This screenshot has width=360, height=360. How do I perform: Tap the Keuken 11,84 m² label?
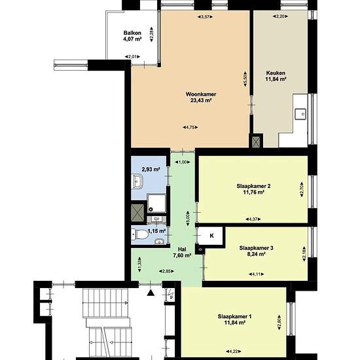(x=276, y=76)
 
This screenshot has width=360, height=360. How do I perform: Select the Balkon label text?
(x=132, y=33)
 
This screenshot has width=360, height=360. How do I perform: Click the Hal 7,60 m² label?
(x=182, y=252)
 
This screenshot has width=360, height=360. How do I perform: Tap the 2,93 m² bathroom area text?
(x=151, y=170)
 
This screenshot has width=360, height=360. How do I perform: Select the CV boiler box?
(x=156, y=219)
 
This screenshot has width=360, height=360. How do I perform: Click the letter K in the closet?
(x=211, y=236)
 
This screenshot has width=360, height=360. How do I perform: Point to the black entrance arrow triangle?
(x=151, y=293)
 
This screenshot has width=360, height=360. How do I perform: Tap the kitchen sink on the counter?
(x=301, y=114)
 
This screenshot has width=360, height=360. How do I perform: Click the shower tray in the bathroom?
(x=156, y=203)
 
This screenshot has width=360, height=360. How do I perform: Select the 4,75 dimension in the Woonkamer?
(x=190, y=127)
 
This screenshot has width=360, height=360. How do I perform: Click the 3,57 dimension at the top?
(x=205, y=16)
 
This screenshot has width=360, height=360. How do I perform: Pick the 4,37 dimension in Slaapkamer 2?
(x=253, y=219)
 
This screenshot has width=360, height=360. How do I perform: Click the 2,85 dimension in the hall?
(x=166, y=271)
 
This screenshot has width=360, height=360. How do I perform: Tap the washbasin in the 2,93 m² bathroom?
(x=137, y=181)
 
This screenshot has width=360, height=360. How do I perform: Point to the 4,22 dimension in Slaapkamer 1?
(x=233, y=351)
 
